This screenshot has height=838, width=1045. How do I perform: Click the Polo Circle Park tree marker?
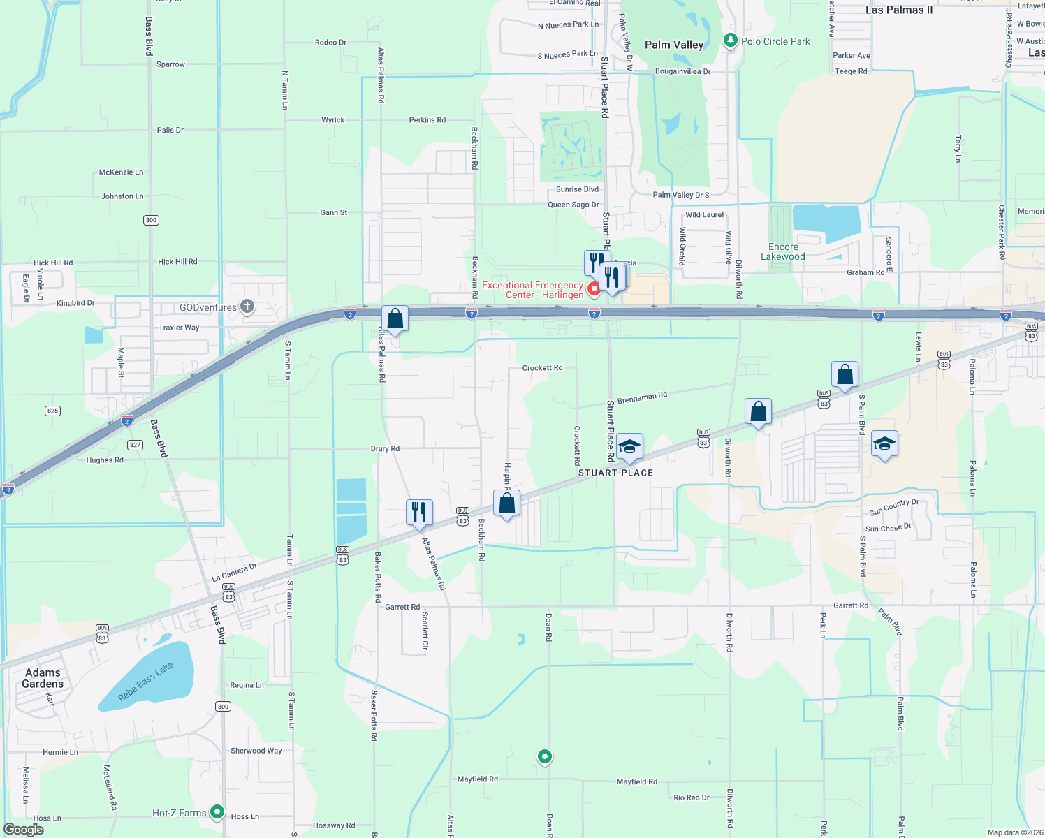tap(730, 41)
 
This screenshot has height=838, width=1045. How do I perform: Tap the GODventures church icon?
tap(247, 307)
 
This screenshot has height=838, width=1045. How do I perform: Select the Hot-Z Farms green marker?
tap(217, 811)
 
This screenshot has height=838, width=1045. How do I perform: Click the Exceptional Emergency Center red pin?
tap(594, 288)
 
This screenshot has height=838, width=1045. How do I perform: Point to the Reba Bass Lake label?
tap(145, 682)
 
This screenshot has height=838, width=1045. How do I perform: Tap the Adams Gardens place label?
tap(43, 678)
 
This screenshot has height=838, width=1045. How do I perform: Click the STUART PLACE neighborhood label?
tap(615, 473)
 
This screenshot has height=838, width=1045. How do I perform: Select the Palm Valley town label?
tap(673, 45)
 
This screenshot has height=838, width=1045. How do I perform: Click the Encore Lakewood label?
tap(782, 251)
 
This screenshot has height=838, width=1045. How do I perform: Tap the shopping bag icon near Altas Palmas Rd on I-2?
tap(395, 319)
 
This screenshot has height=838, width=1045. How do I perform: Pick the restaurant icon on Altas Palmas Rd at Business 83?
tap(419, 513)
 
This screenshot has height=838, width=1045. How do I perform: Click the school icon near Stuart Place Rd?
tap(629, 446)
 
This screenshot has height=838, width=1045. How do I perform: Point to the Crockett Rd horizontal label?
tap(542, 368)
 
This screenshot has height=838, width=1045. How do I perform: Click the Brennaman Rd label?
tap(642, 397)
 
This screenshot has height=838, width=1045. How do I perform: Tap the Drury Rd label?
tap(385, 448)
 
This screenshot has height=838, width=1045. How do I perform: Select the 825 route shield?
tap(52, 411)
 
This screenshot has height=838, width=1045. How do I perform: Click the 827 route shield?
tap(135, 445)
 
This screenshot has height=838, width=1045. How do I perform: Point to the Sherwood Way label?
tap(256, 751)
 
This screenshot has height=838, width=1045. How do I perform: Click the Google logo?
tap(23, 830)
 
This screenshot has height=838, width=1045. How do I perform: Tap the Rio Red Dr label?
tap(691, 797)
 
